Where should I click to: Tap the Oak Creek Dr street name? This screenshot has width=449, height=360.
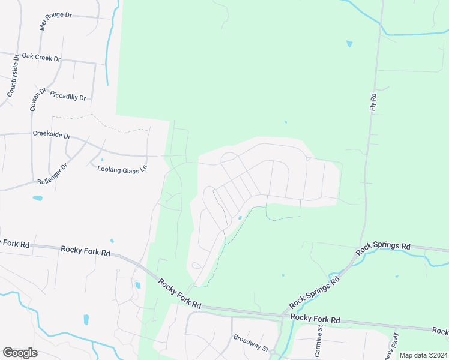(41, 58)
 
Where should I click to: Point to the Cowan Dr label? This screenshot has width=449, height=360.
(37, 99)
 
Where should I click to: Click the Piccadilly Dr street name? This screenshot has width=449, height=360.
(68, 96)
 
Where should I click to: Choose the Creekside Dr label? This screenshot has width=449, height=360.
(52, 134)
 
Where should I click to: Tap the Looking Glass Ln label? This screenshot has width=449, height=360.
(122, 169)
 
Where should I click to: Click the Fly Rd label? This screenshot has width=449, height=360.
(373, 101)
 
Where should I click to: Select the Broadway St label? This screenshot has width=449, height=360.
(250, 342)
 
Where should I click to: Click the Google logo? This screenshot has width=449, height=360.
(20, 353)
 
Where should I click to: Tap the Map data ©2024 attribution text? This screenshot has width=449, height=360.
(423, 355)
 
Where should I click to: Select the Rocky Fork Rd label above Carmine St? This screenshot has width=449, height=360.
(315, 319)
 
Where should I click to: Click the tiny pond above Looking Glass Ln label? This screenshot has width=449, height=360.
(102, 160)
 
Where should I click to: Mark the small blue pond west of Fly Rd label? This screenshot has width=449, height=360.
(349, 44)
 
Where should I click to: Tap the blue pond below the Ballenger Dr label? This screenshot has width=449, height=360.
(38, 197)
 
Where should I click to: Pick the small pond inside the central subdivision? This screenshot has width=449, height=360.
(240, 218)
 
